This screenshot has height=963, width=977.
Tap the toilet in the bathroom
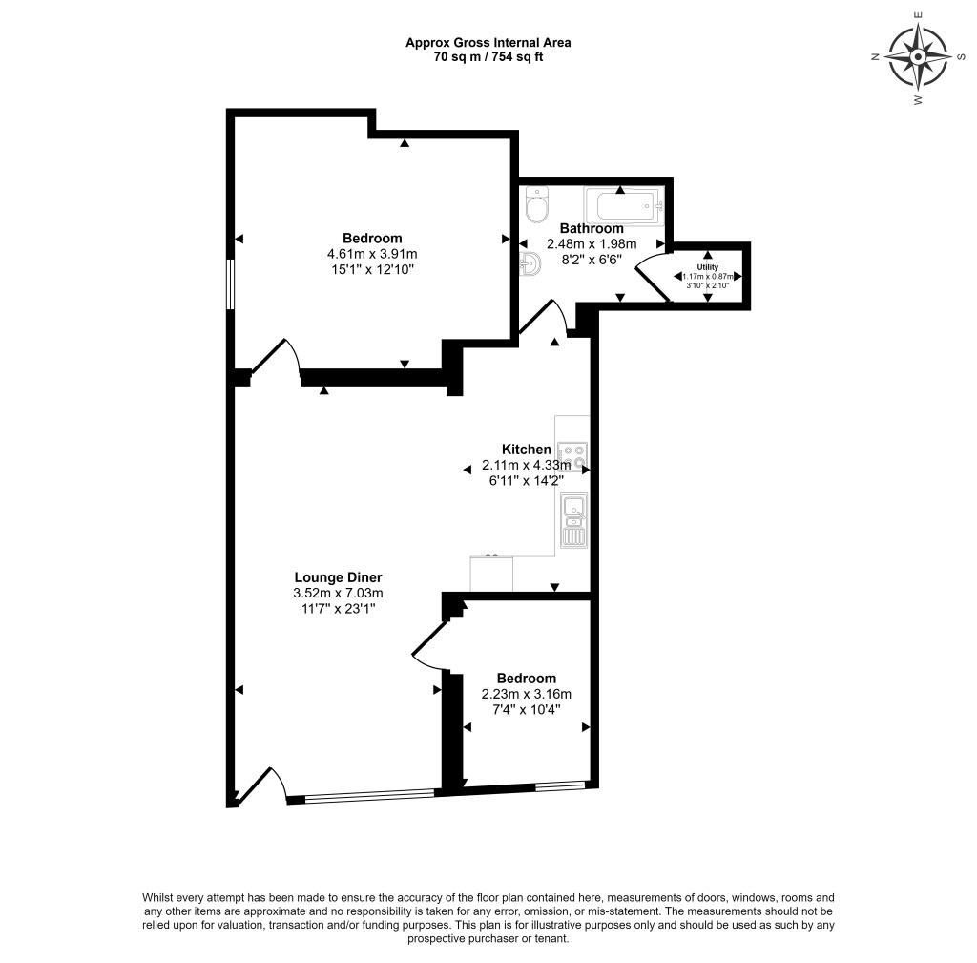(x=538, y=205)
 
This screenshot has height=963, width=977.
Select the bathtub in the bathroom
(x=621, y=204)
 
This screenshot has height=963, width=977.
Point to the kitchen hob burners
(x=572, y=456)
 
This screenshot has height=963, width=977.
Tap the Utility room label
(x=707, y=267)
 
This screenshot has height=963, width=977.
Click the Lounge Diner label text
(x=338, y=576)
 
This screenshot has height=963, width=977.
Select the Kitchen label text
(x=527, y=450)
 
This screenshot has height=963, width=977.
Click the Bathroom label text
(x=592, y=228)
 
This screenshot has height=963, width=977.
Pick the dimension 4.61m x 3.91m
(x=372, y=254)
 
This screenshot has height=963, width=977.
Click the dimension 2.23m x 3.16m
(x=527, y=694)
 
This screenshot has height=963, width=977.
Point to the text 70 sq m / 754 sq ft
(x=488, y=56)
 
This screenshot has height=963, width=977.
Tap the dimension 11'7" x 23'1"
(x=338, y=608)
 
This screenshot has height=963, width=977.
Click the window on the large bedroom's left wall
(x=230, y=283)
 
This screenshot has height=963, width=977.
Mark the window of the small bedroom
(x=559, y=786)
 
